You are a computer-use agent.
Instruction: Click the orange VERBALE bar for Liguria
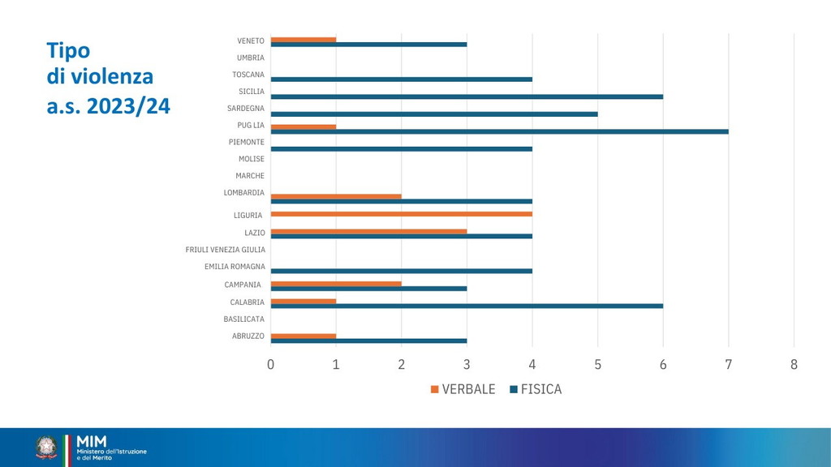[401, 214]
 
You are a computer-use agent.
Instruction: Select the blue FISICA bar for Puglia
[499, 131]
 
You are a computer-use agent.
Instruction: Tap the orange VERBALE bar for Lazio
[368, 231]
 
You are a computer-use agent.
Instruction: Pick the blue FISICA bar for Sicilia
[467, 96]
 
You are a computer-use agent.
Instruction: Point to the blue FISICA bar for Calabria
[467, 306]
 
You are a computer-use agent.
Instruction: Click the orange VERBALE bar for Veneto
[303, 39]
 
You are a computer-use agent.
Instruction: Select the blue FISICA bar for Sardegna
[433, 114]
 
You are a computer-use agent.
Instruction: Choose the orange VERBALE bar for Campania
[335, 284]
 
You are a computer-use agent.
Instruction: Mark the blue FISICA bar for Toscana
[401, 79]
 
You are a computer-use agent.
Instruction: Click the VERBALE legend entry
[463, 389]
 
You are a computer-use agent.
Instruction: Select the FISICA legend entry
[536, 389]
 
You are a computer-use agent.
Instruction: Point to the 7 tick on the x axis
[729, 365]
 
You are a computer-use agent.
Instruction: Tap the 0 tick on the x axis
[270, 365]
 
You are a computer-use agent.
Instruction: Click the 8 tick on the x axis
[794, 365]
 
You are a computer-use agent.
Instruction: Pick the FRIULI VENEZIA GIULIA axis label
[225, 250]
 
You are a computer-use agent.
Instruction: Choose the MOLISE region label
[251, 159]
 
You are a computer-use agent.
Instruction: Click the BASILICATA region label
[243, 319]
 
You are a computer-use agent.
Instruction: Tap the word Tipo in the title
[68, 50]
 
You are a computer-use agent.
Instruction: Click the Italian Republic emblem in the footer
[46, 448]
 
